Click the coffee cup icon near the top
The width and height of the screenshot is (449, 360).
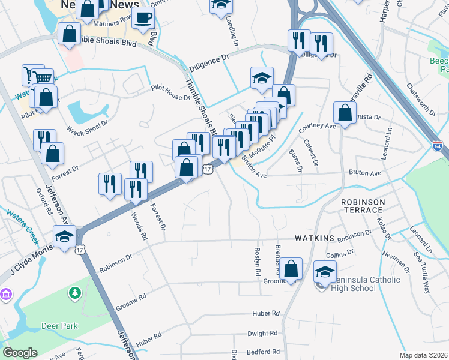pos(142,18)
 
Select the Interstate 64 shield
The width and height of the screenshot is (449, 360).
pos(437,146)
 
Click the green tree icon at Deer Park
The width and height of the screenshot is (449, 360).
pos(75,293)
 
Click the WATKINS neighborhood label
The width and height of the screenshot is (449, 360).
pos(314,238)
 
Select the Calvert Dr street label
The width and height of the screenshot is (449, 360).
pos(310,153)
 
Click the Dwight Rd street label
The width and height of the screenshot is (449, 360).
pos(264,332)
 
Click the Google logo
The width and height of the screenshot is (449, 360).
pos(20,353)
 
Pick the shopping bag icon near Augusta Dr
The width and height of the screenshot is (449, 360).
pos(345,113)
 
